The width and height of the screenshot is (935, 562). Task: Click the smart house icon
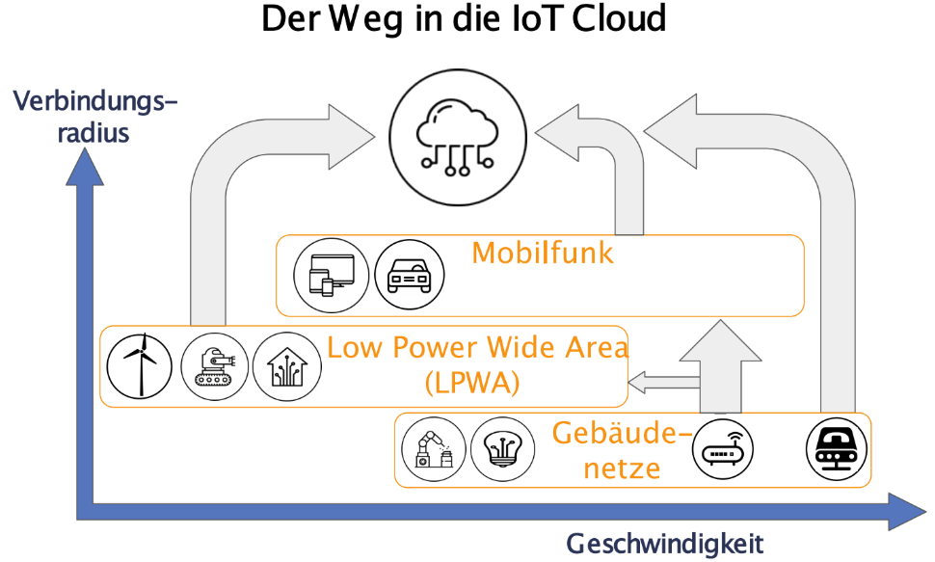coord(285,365)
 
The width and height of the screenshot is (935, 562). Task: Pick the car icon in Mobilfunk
coord(409,274)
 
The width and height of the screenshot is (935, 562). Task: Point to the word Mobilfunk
coord(543,254)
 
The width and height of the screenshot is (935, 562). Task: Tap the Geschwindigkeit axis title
coord(664,544)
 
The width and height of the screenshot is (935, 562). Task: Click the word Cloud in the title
coord(614,20)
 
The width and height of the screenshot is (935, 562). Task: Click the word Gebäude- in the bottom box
coord(621,435)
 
